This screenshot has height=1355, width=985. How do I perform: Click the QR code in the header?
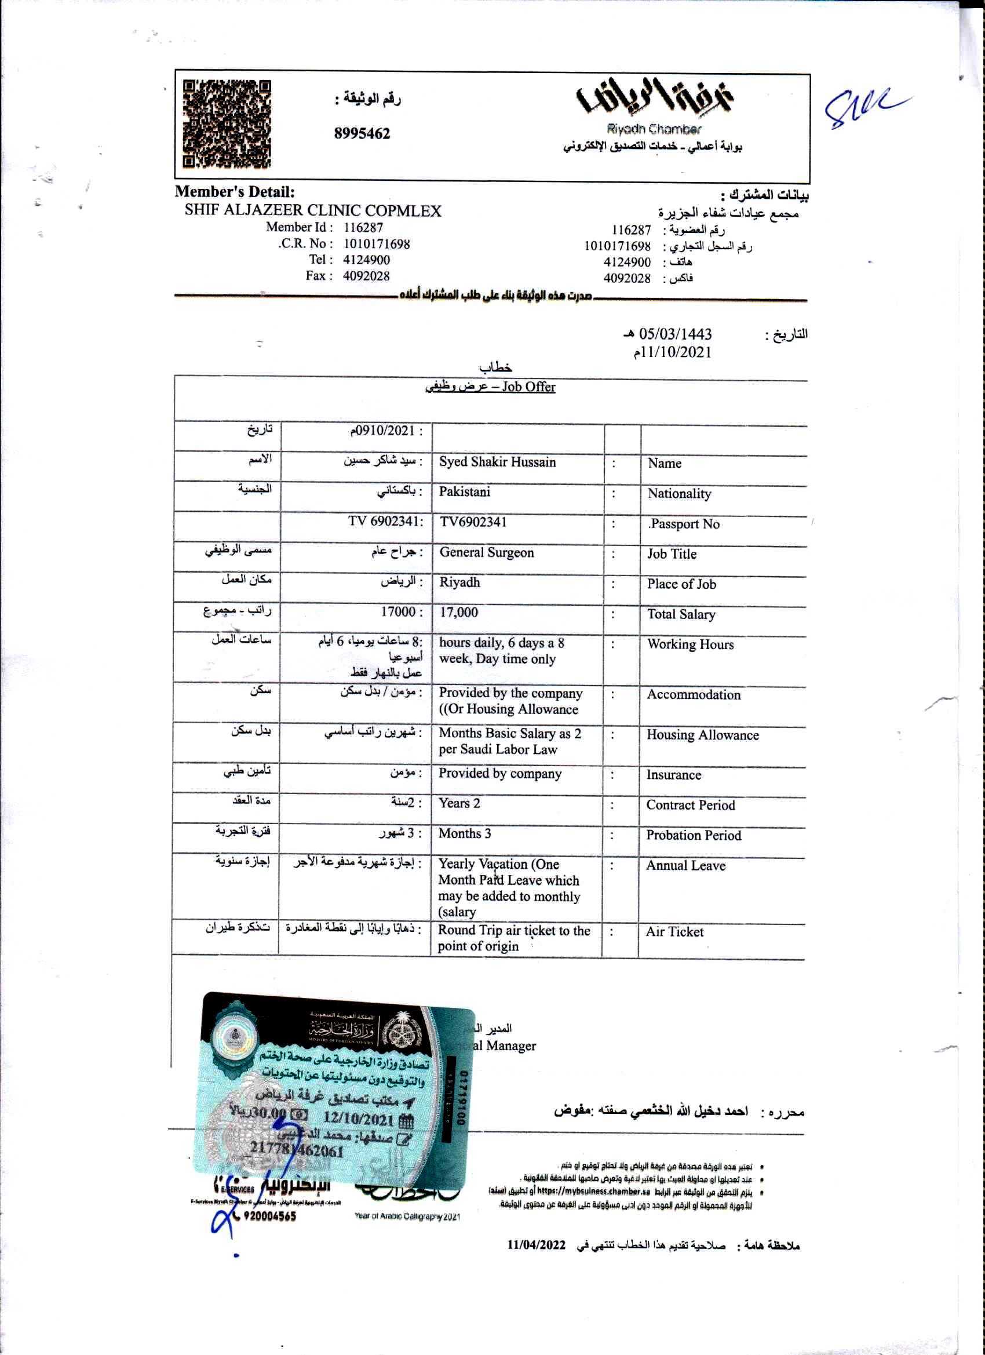[227, 123]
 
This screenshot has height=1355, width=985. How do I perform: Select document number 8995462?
[362, 133]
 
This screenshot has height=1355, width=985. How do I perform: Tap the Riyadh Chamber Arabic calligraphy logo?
[655, 97]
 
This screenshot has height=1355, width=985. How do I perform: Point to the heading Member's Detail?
[235, 192]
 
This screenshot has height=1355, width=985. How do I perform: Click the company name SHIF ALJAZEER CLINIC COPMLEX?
[313, 211]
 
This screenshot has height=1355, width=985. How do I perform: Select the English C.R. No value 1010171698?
[376, 244]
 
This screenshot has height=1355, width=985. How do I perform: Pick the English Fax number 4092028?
[366, 276]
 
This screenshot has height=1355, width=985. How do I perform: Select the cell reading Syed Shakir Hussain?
[498, 462]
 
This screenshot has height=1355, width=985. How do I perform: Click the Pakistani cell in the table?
[465, 491]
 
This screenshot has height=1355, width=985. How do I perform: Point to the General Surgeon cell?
[487, 553]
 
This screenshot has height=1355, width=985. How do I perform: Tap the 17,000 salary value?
[459, 613]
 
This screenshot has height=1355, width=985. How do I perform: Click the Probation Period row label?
[694, 835]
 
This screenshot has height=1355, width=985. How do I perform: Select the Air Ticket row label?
[674, 931]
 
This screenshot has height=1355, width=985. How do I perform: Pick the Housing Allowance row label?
[702, 735]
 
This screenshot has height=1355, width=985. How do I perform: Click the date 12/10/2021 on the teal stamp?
[359, 1118]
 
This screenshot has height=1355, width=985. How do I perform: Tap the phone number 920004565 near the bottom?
[269, 1216]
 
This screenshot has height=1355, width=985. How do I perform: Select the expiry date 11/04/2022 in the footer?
[536, 1244]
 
